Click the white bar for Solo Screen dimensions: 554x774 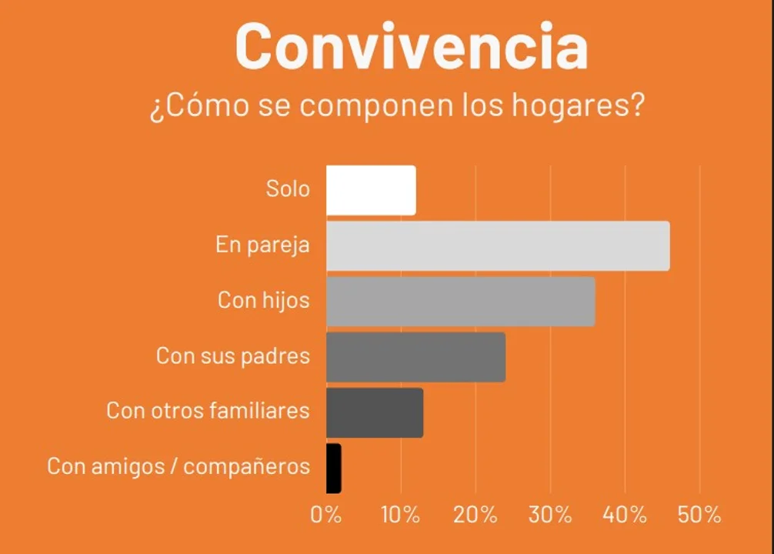click(371, 190)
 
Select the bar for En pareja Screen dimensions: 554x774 click(498, 245)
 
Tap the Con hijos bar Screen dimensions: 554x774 click(460, 301)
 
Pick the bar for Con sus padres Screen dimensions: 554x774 click(415, 356)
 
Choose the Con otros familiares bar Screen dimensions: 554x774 click(375, 412)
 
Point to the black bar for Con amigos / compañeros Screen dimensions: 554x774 click(333, 468)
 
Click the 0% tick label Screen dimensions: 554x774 click(326, 515)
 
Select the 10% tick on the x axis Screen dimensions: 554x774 click(401, 515)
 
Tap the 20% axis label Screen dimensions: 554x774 click(475, 515)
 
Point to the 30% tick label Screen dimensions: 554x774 click(550, 515)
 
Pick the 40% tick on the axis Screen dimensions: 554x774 click(625, 515)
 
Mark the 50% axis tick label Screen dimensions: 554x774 click(699, 515)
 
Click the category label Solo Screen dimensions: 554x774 click(288, 189)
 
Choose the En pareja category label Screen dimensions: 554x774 click(262, 245)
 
